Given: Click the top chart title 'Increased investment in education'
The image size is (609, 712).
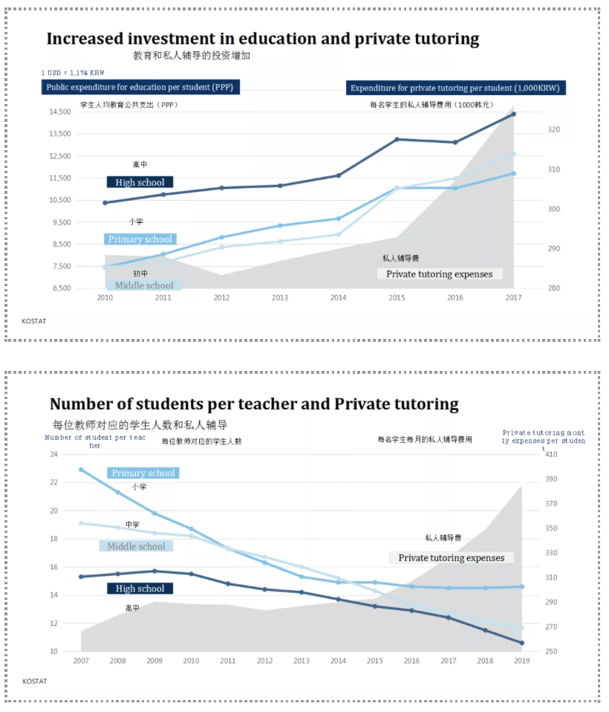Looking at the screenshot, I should pyautogui.click(x=262, y=39).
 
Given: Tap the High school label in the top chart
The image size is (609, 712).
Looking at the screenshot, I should pyautogui.click(x=140, y=182).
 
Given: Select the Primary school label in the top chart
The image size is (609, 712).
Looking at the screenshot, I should pyautogui.click(x=140, y=239).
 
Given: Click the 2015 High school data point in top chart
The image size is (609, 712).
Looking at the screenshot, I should pyautogui.click(x=397, y=139).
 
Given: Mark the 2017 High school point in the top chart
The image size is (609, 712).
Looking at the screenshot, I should pyautogui.click(x=513, y=114).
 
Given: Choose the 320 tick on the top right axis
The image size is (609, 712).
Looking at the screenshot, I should pyautogui.click(x=554, y=129).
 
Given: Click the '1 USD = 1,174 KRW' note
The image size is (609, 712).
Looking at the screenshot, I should pyautogui.click(x=74, y=73).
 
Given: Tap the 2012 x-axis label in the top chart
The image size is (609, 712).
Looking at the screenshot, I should pyautogui.click(x=221, y=298).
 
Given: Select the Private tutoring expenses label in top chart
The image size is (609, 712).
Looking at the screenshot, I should pyautogui.click(x=439, y=274).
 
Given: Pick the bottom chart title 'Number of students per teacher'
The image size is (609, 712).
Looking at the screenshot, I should pyautogui.click(x=254, y=404).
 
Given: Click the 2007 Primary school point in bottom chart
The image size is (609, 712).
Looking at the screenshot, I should pyautogui.click(x=81, y=470).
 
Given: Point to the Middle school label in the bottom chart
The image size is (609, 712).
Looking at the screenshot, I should pyautogui.click(x=136, y=546).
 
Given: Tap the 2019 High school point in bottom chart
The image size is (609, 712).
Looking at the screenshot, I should pyautogui.click(x=521, y=643).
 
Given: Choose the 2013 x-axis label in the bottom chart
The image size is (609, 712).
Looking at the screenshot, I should pyautogui.click(x=301, y=661).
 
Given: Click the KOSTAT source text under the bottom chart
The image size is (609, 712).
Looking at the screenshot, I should pyautogui.click(x=35, y=681).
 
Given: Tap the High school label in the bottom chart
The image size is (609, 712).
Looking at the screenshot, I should pyautogui.click(x=140, y=589).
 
